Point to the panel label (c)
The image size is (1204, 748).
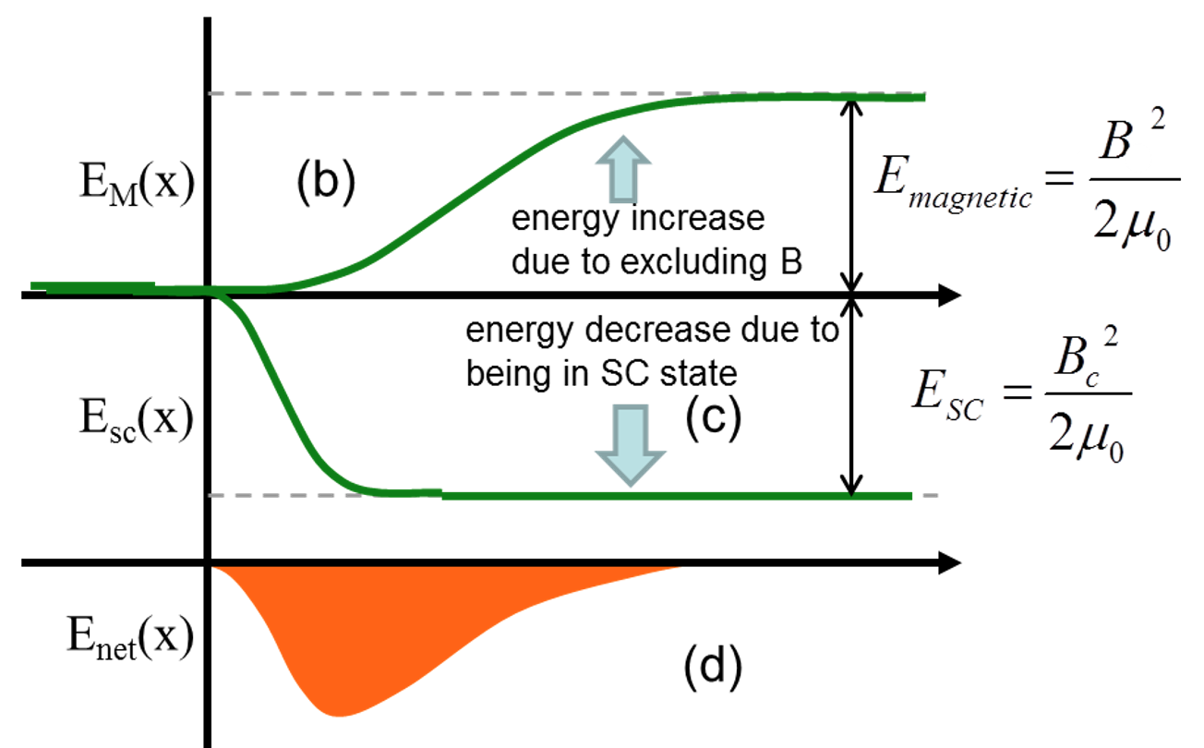coord(712,416)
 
